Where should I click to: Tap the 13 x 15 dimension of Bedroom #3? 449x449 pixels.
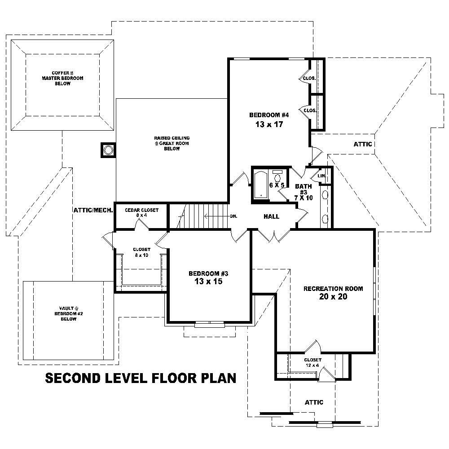pos(208,282)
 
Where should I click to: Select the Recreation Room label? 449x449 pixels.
pos(333,288)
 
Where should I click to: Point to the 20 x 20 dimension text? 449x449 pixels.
pos(333,297)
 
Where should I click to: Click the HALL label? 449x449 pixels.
pos(271,216)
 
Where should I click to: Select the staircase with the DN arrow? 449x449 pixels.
pos(205,216)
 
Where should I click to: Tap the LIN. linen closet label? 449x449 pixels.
pos(321,176)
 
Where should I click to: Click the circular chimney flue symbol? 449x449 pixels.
pos(108,150)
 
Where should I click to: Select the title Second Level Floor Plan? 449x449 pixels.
pos(141,378)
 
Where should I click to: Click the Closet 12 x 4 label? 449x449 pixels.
pos(313,362)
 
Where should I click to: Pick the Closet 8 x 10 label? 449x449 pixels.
pos(141,252)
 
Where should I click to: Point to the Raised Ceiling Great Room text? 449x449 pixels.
pos(172,143)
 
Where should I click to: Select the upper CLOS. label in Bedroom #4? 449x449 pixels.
pos(309,78)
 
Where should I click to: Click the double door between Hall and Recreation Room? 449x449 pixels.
pos(272,234)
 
